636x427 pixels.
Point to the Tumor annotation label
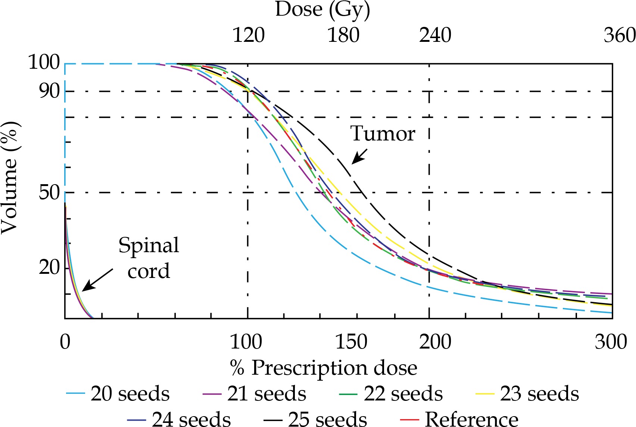[x=383, y=134]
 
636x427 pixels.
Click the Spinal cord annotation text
[x=149, y=258]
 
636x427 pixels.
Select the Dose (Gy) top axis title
[x=322, y=10]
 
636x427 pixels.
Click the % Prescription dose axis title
[x=323, y=368]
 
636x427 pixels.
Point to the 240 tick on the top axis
[x=435, y=35]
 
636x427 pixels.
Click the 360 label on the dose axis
[x=619, y=35]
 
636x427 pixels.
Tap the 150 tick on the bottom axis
[x=351, y=342]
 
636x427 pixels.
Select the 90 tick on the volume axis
[x=49, y=91]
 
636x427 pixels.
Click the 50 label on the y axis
[x=49, y=192]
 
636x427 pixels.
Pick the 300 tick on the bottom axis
[x=611, y=342]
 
